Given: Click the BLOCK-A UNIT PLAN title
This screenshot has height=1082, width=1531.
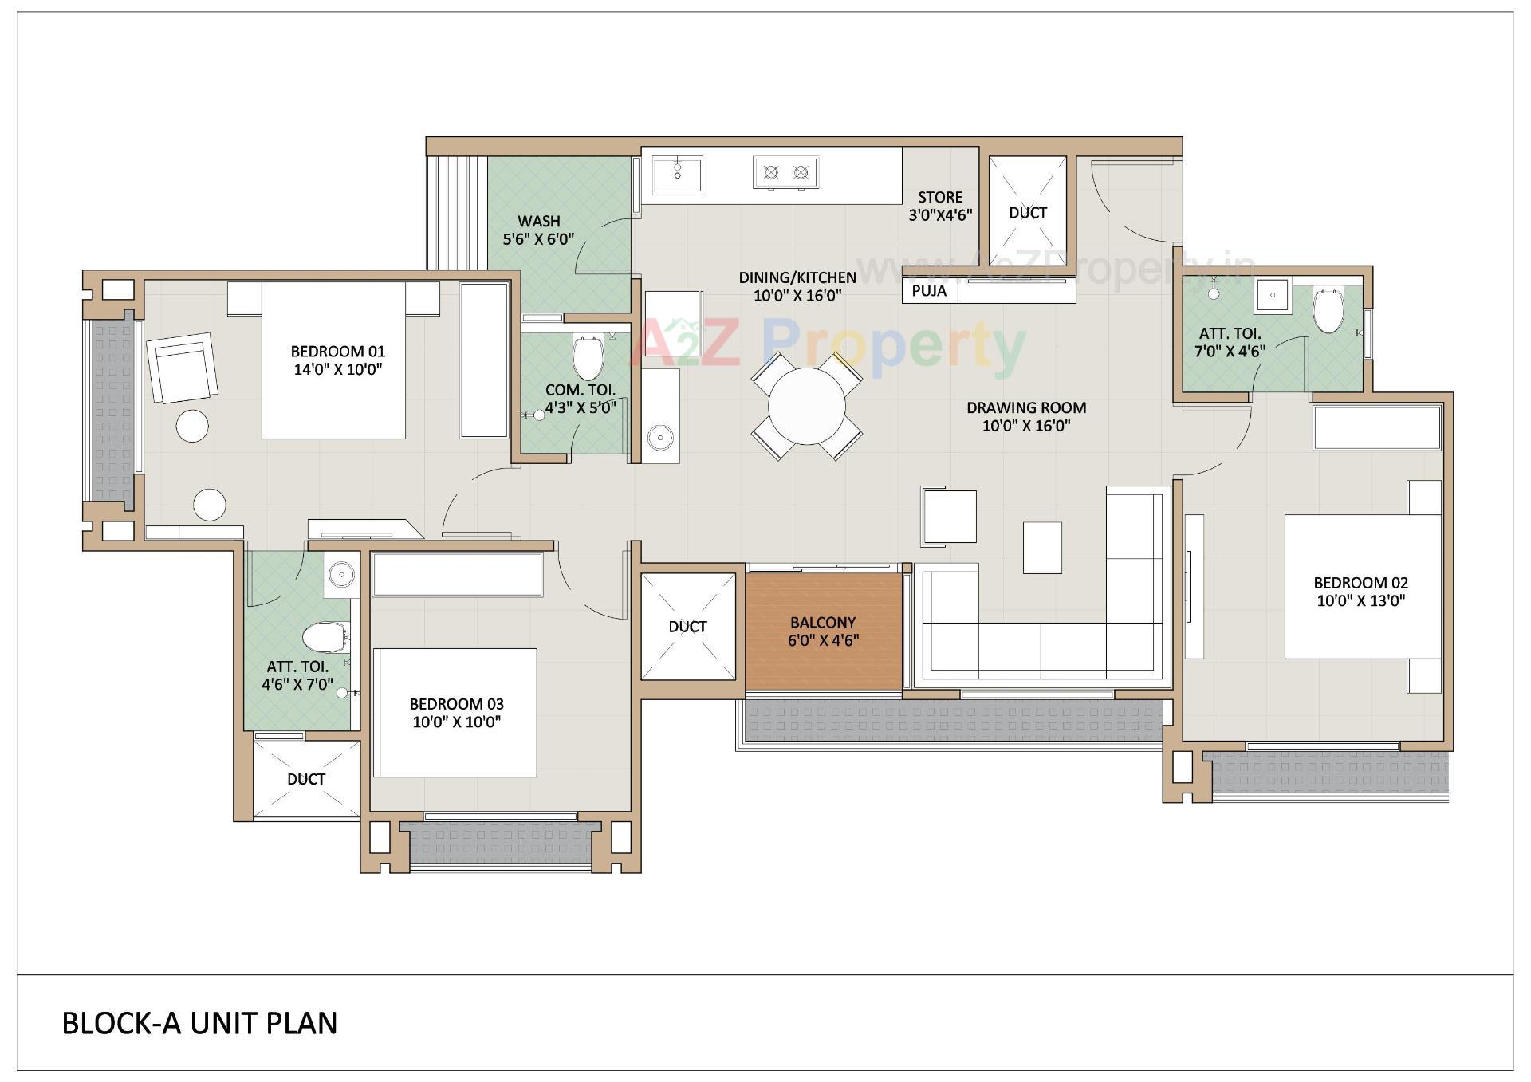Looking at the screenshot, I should tap(199, 1023).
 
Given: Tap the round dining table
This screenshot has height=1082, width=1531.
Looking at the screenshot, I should tap(806, 406).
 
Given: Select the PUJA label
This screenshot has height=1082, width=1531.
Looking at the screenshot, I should tap(929, 291).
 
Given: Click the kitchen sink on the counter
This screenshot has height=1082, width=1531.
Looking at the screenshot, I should tap(677, 175).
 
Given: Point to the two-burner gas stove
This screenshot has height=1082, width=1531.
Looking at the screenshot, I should tap(785, 172).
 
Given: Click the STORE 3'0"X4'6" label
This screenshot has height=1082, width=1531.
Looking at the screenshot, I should tap(940, 206).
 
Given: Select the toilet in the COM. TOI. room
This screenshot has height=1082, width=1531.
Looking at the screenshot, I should tap(588, 358).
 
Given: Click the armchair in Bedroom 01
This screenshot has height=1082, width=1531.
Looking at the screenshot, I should tap(182, 368).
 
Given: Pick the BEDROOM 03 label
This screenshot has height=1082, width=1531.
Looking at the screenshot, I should tap(456, 704).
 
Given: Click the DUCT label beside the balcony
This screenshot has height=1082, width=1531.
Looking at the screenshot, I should tap(687, 627).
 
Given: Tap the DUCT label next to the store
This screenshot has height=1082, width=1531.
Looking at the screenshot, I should tap(1027, 213).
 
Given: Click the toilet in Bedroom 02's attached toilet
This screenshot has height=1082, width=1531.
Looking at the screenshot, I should tap(1328, 310).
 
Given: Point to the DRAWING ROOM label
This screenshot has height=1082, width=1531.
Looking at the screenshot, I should tap(1026, 407).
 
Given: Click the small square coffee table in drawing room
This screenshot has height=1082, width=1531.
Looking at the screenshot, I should tap(1041, 548).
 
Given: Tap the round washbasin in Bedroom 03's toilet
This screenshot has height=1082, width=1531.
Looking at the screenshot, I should tap(342, 573).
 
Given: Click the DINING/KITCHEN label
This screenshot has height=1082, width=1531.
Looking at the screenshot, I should tap(797, 277).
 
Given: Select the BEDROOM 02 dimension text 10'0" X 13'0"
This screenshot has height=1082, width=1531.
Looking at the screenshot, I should tap(1360, 600).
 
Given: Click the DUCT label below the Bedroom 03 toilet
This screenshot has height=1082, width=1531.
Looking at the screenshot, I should tap(306, 779).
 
